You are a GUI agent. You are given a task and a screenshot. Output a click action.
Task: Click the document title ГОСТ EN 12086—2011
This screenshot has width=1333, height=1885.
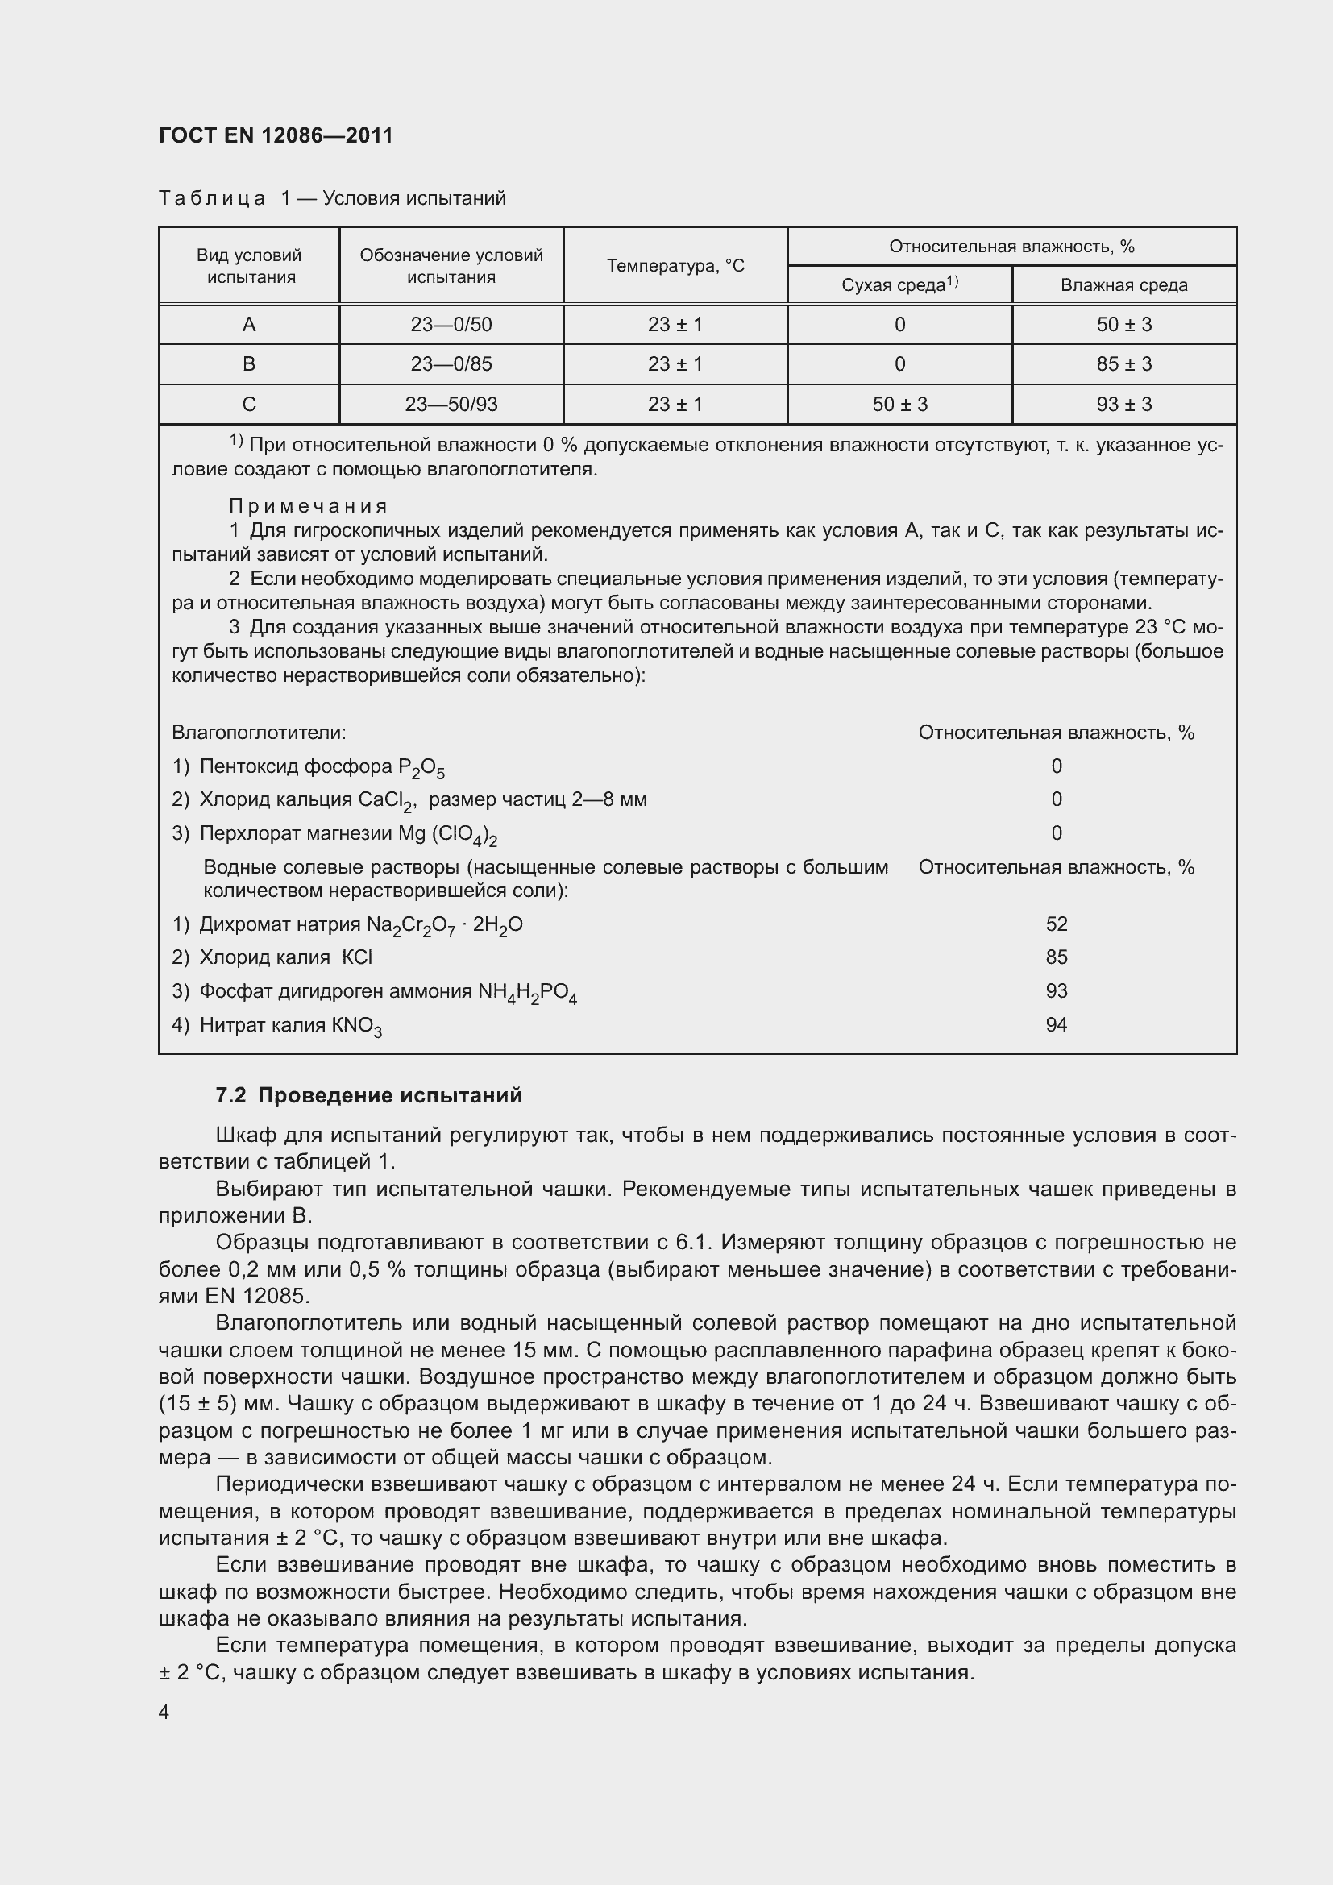[276, 135]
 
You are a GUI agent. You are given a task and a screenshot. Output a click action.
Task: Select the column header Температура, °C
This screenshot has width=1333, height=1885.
[675, 266]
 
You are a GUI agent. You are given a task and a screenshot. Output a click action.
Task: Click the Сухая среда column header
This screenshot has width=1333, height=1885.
[899, 284]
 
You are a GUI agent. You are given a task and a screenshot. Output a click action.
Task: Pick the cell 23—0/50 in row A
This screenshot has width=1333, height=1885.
[451, 325]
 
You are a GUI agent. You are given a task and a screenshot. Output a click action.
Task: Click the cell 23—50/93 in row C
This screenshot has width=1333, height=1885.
[451, 405]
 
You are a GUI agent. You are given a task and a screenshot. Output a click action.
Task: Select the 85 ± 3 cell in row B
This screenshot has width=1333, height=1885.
[1123, 364]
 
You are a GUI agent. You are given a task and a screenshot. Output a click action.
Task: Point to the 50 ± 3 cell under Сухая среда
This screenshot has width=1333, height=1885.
[899, 405]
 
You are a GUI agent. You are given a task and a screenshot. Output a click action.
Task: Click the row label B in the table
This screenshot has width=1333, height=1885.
[249, 364]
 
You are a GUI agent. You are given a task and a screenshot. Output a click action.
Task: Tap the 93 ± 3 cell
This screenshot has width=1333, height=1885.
[1123, 405]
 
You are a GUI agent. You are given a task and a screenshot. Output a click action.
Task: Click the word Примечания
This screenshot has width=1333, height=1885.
[308, 506]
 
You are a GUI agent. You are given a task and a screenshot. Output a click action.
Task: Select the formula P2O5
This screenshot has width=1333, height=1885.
[421, 768]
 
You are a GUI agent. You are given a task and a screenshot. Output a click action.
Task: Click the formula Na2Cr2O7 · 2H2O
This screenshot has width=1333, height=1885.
[444, 926]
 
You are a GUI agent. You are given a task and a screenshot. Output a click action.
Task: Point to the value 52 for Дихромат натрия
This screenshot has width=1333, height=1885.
[1056, 924]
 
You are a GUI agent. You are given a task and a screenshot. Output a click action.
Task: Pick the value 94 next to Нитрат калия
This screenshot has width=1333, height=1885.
[1056, 1024]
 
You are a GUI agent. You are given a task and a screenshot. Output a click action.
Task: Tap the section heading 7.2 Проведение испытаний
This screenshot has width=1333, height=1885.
[368, 1095]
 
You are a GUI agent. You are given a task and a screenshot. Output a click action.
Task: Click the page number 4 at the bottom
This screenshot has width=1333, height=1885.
[164, 1712]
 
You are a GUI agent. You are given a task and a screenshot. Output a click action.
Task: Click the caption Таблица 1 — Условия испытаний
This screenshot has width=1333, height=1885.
[332, 199]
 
